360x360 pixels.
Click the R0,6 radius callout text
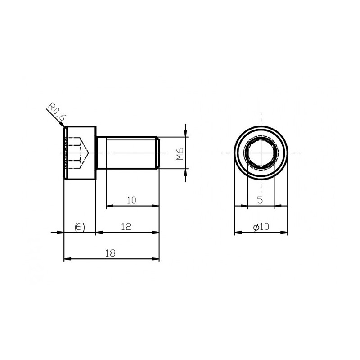(57, 112)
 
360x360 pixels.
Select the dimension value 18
(110, 253)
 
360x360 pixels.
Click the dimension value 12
(126, 227)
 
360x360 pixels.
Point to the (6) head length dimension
(80, 227)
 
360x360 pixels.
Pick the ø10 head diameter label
(261, 227)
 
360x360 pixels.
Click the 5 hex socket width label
(260, 200)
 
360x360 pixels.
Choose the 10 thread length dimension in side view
(131, 200)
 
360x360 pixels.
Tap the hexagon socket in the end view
(261, 153)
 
